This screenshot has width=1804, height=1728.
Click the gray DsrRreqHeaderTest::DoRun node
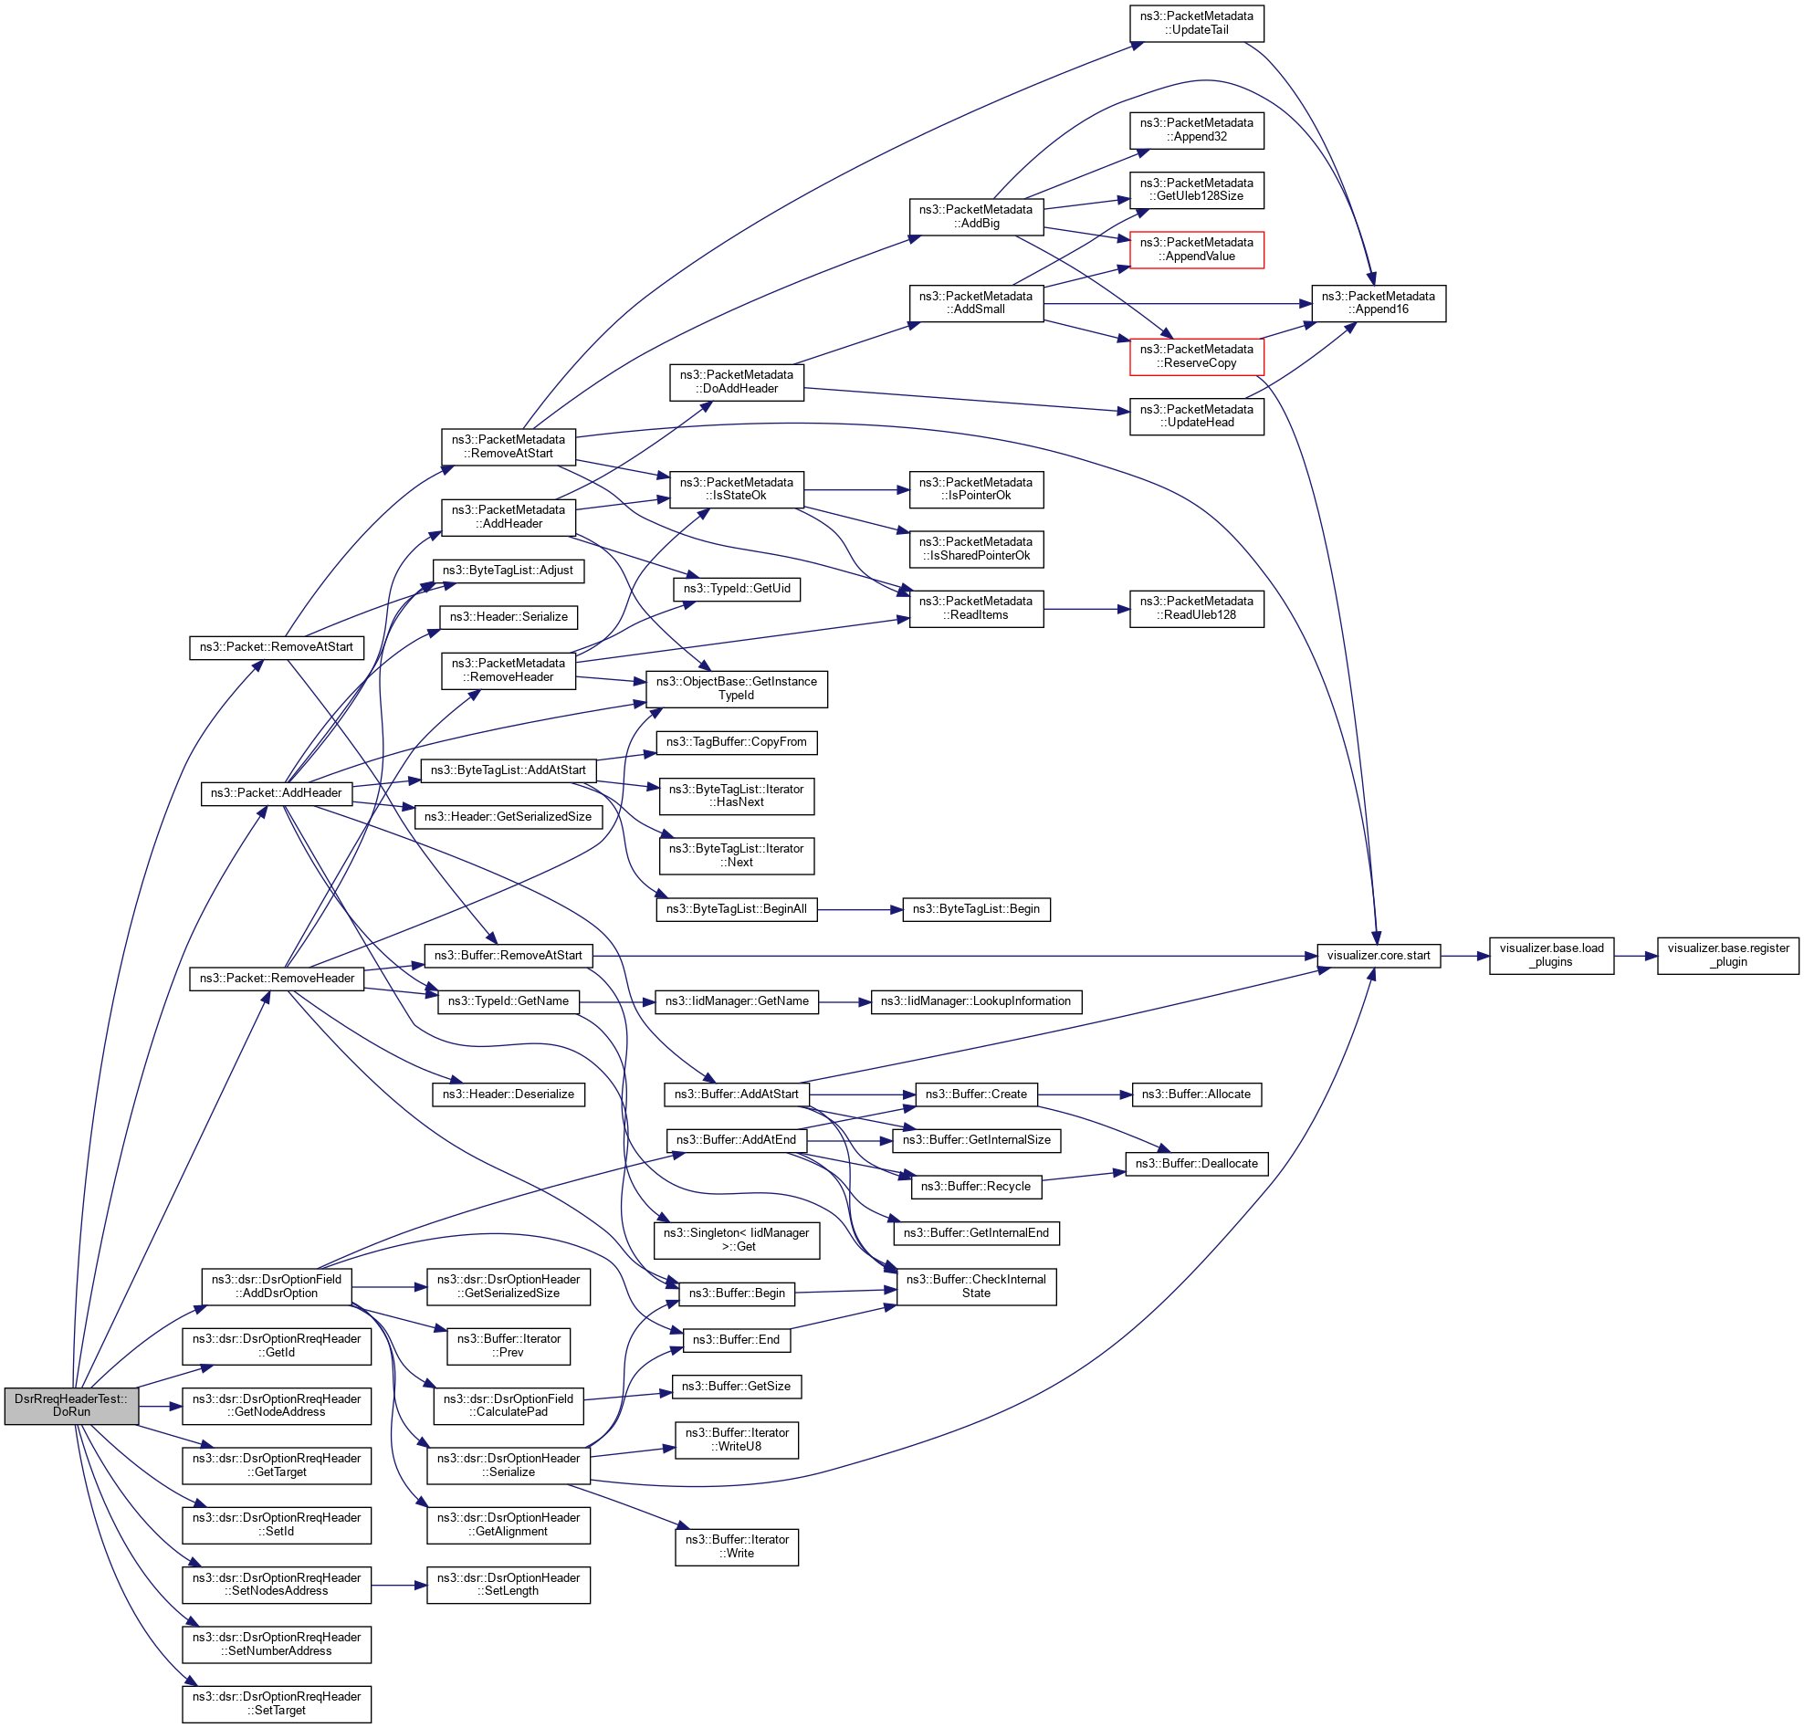[x=71, y=1405]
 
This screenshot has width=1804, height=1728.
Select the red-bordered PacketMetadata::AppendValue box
[x=1196, y=249]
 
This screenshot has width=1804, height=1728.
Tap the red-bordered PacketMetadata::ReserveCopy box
[x=1196, y=356]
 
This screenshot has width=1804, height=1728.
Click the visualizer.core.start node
[x=1378, y=955]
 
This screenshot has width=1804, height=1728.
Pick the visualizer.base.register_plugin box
[x=1727, y=955]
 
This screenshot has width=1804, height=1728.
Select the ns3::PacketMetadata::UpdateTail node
[x=1196, y=23]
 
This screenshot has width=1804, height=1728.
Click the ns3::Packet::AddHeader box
[x=276, y=793]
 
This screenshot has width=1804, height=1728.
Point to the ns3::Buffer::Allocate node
[x=1196, y=1094]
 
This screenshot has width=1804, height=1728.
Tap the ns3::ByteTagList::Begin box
[x=976, y=909]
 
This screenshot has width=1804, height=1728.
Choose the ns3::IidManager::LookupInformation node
[x=976, y=1001]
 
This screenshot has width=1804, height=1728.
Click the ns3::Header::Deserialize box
[x=509, y=1094]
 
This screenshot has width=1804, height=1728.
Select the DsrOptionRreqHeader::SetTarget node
[x=276, y=1703]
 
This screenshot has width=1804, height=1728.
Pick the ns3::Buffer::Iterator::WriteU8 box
[x=737, y=1439]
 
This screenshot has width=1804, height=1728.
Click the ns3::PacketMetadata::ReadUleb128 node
[x=1196, y=608]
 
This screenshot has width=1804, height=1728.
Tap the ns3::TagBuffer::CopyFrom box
[x=737, y=741]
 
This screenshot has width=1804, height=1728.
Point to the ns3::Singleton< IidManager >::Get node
[x=737, y=1240]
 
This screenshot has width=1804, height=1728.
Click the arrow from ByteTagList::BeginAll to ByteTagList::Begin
[x=859, y=909]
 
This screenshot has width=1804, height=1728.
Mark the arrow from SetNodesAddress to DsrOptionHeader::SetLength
[x=399, y=1586]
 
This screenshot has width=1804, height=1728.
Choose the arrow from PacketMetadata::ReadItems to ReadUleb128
[x=1086, y=609]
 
